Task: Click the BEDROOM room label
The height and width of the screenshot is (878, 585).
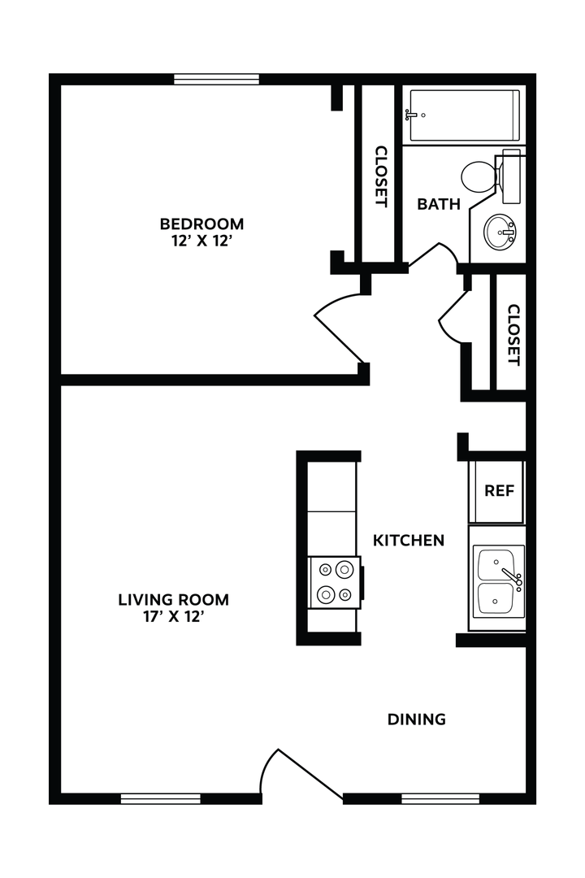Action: [201, 224]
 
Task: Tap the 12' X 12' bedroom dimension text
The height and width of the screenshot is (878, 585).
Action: [201, 241]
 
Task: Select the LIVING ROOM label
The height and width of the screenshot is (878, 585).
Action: [174, 600]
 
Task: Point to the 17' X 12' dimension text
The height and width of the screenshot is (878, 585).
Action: [174, 617]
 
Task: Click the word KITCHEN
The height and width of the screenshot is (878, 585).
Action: [409, 540]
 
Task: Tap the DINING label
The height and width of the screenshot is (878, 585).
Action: [417, 719]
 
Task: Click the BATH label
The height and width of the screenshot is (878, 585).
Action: [439, 204]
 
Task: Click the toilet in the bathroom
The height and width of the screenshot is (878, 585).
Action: [481, 175]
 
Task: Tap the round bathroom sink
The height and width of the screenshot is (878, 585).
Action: [500, 234]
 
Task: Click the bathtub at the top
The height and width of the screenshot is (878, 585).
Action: [464, 115]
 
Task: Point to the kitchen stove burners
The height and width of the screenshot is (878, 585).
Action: [335, 582]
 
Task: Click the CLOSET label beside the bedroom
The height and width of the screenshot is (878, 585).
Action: [379, 176]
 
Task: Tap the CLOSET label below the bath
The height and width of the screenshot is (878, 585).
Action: [513, 334]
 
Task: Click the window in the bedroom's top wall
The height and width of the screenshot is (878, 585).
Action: [217, 79]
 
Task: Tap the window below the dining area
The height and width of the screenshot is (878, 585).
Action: [440, 798]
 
